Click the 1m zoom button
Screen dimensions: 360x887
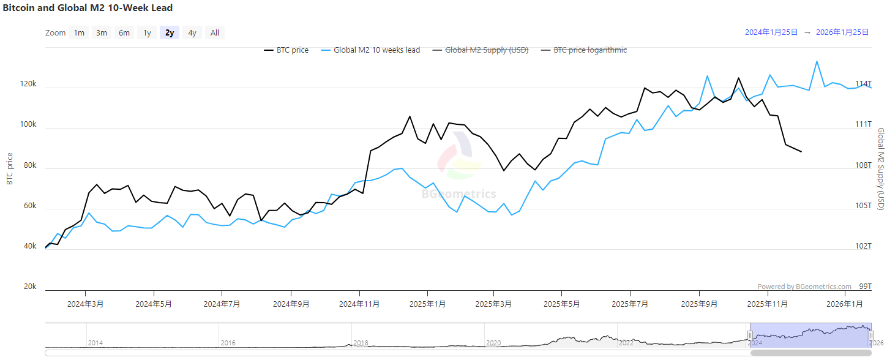click(x=79, y=33)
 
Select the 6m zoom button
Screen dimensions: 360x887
click(x=124, y=33)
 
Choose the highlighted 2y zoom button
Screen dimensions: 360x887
click(x=170, y=33)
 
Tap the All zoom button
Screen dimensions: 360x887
click(x=215, y=33)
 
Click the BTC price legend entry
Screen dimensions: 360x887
click(x=286, y=50)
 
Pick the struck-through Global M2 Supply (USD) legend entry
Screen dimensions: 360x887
click(x=480, y=50)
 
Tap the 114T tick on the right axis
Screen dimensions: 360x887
click(x=863, y=84)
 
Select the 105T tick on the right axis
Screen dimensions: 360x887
click(x=863, y=206)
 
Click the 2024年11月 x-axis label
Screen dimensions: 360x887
click(x=359, y=304)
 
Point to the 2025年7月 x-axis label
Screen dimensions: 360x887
click(x=631, y=304)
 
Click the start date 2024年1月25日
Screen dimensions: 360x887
click(x=771, y=33)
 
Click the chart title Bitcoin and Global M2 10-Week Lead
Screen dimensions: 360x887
click(x=88, y=8)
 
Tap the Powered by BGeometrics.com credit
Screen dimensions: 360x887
click(x=804, y=287)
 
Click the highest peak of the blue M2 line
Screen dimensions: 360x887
click(x=817, y=61)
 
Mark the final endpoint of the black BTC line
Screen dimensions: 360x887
click(x=801, y=152)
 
